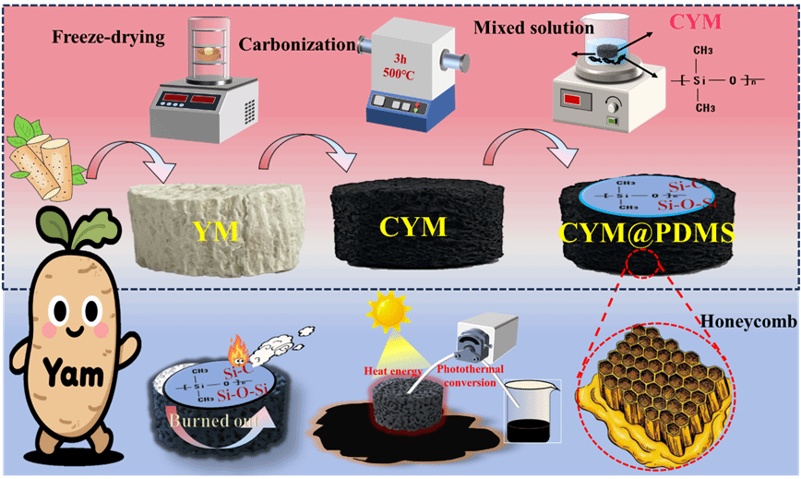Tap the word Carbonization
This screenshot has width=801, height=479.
[296, 44]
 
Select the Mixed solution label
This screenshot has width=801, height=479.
[521, 28]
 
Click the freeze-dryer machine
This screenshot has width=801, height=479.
[194, 81]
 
